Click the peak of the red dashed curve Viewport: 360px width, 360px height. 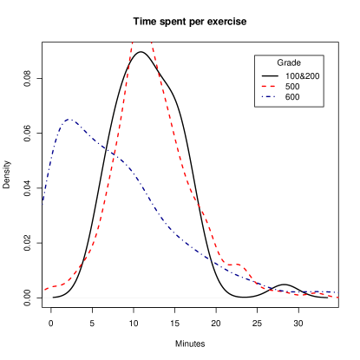(x=141, y=41)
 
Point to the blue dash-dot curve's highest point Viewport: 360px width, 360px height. (x=69, y=120)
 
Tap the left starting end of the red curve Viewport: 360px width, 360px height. (x=45, y=290)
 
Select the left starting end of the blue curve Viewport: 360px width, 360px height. (x=43, y=200)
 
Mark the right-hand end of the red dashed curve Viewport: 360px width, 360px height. (x=337, y=296)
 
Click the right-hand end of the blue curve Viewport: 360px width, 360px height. (x=337, y=293)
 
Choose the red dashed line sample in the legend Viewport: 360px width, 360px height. (x=268, y=87)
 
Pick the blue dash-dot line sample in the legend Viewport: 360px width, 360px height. (x=268, y=96)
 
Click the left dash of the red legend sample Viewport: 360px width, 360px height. (x=264, y=87)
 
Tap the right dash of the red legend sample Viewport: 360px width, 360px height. (x=272, y=87)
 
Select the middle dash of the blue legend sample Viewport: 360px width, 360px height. (x=268, y=96)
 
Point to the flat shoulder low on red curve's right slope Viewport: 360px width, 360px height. (x=233, y=264)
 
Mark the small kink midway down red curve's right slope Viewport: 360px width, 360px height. (x=199, y=205)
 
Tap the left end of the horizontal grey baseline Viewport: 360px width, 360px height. (x=43, y=298)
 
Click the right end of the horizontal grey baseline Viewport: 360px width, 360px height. (x=337, y=298)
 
